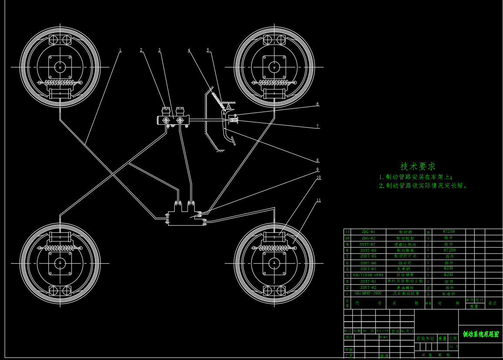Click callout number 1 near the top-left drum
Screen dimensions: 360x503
pos(120,50)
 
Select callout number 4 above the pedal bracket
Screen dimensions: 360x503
pos(189,50)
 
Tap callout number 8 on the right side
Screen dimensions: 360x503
pos(317,160)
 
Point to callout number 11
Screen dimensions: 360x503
pos(318,200)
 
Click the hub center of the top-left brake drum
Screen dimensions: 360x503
pos(60,67)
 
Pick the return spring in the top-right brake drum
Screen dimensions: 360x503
pos(274,82)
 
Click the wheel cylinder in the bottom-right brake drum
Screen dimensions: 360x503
pos(274,237)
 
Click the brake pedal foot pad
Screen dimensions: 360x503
pos(233,141)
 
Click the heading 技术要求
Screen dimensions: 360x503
pos(418,166)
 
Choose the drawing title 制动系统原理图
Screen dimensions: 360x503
pos(481,334)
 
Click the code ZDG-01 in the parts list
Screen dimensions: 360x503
pos(368,232)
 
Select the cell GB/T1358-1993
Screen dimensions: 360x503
pos(368,275)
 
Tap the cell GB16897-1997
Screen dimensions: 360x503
pos(368,294)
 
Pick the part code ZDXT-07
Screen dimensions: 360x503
pos(368,245)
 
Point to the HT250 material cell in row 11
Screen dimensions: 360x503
pos(449,231)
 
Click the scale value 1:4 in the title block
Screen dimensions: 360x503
pos(453,347)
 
